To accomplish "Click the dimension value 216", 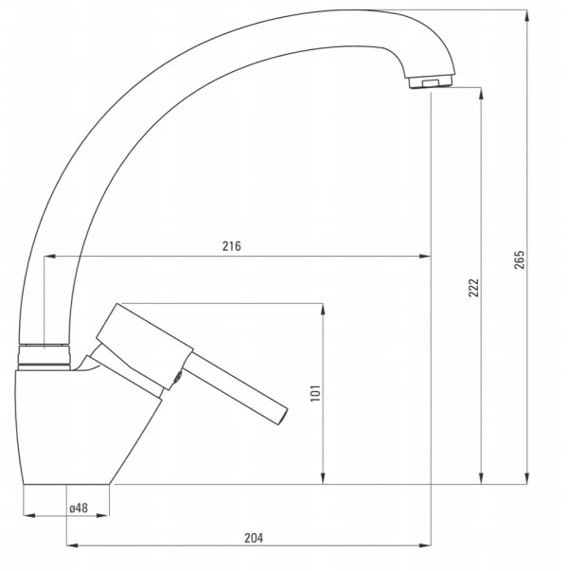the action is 232,246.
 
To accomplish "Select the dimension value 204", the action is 254,538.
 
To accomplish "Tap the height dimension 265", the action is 520,259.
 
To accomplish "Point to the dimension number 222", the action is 473,288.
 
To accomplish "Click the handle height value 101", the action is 315,393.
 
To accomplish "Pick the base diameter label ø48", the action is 79,508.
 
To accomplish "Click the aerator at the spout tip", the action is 431,82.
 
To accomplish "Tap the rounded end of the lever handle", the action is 282,417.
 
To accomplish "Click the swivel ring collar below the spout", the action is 44,357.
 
